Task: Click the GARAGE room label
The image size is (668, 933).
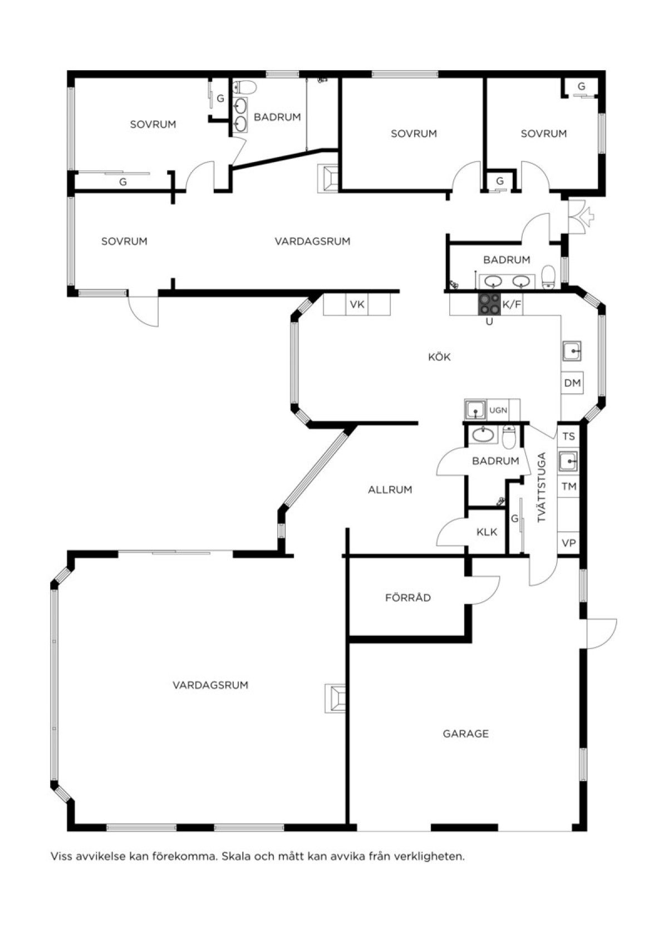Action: click(465, 734)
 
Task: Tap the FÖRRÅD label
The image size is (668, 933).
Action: click(407, 598)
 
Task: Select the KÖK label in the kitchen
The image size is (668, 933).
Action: click(439, 357)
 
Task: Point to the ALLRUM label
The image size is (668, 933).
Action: click(390, 490)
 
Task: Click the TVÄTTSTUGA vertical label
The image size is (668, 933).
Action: click(542, 487)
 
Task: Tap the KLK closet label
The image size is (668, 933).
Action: click(487, 532)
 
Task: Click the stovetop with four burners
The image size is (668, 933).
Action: click(489, 304)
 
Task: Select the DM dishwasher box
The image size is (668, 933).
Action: click(572, 382)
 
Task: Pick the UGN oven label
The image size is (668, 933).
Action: click(498, 410)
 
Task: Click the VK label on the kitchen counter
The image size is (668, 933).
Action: click(357, 305)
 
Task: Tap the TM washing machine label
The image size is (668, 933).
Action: click(569, 486)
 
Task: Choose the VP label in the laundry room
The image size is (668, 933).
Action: click(569, 543)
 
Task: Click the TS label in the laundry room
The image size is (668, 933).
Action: click(569, 436)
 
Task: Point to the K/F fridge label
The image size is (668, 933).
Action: click(512, 305)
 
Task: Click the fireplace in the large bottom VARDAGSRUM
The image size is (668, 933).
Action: click(335, 699)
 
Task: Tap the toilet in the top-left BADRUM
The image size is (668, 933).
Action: click(245, 87)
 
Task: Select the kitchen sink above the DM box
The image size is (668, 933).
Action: click(572, 351)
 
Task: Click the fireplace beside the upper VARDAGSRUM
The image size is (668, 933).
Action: click(328, 178)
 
